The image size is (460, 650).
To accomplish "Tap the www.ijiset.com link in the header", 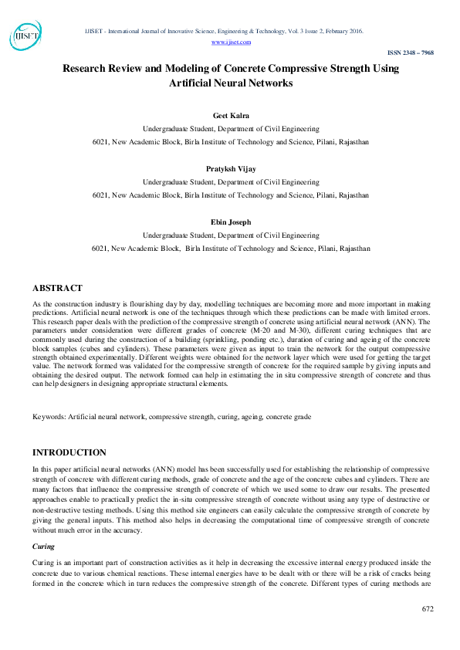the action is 223,42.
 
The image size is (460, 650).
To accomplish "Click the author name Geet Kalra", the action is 232,114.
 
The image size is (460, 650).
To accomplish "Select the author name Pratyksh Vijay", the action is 232,168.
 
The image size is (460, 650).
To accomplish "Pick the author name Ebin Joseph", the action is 232,222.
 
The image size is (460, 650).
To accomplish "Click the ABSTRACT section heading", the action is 57,288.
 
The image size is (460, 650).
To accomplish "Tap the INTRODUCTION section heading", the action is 69,452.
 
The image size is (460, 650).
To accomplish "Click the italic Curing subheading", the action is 43,545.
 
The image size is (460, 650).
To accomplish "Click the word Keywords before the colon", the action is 49,417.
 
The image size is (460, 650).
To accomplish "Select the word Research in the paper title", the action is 90,68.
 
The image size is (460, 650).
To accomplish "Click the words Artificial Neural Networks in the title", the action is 232,82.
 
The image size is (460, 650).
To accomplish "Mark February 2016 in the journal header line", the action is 343,31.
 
